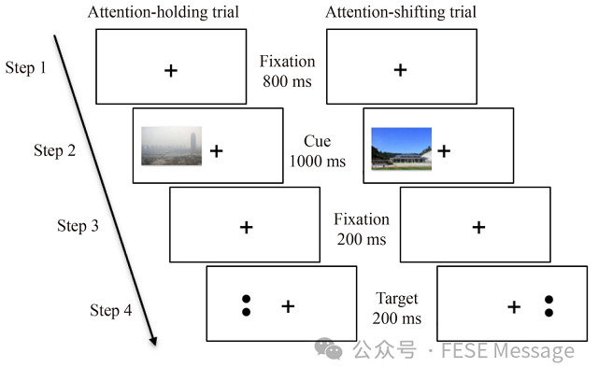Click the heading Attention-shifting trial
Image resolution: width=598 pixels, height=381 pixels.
[x=401, y=12]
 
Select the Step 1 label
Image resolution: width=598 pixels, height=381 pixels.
[x=26, y=68]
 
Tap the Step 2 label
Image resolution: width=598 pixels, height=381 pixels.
[x=54, y=150]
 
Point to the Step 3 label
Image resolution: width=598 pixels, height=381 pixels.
[x=78, y=226]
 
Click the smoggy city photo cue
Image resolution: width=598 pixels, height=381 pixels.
[x=171, y=147]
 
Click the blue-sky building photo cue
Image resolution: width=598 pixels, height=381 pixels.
[x=401, y=149]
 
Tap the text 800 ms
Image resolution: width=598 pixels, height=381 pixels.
[x=288, y=81]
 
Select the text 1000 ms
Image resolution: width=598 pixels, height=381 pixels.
[x=318, y=161]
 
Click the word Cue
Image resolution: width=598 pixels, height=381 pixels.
[x=317, y=141]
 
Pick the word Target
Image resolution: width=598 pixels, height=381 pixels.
[x=397, y=299]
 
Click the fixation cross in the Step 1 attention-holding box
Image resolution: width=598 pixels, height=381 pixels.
[x=170, y=70]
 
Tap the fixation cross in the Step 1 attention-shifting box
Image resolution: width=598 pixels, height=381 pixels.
[x=400, y=70]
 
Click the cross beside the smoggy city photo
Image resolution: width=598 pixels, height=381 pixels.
[x=216, y=150]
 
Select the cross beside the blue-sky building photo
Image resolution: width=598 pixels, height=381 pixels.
[x=444, y=150]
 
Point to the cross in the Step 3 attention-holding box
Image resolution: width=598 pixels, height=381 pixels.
[x=246, y=227]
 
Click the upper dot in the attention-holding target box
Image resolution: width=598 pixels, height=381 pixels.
[x=246, y=299]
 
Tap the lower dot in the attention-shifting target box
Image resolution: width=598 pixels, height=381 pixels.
[x=548, y=312]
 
